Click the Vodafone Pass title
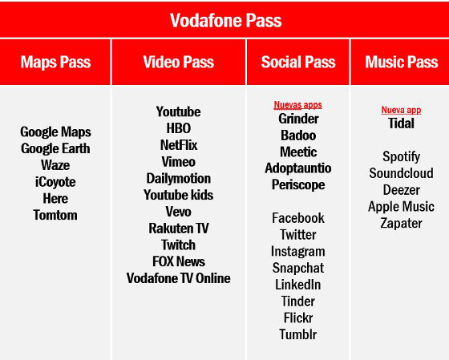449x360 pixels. pos(225,20)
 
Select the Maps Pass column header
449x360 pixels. pos(55,62)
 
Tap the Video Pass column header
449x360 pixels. pos(179,62)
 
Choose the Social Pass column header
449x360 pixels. pos(298,62)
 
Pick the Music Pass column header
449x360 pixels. pos(401,62)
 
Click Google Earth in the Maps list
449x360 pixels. pos(55,148)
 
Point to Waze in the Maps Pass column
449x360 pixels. pos(55,165)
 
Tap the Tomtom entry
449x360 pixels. pos(55,215)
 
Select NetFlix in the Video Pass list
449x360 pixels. pos(179,145)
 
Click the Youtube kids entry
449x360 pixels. pos(179,195)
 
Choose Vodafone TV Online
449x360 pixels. pos(179,278)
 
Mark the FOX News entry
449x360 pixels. pos(179,261)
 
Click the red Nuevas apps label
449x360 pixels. pos(298,105)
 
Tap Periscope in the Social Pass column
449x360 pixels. pos(298,184)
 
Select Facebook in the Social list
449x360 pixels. pos(298,218)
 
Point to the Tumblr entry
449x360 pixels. pos(298,334)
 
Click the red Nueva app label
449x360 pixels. pos(401,111)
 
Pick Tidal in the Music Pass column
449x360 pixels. pos(401,123)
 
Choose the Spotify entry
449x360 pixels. pos(401,157)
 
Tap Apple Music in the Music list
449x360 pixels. pos(401,207)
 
